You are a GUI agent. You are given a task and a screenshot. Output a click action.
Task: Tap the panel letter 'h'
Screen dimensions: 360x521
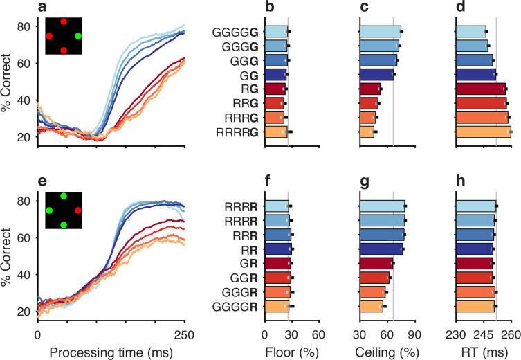[x=460, y=182]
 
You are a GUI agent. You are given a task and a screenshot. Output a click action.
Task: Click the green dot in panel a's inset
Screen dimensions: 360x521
[x=78, y=35]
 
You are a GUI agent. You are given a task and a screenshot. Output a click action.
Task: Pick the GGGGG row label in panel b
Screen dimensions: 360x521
[x=239, y=31]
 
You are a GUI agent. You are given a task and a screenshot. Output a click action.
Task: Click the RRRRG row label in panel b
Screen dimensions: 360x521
[x=239, y=132]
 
